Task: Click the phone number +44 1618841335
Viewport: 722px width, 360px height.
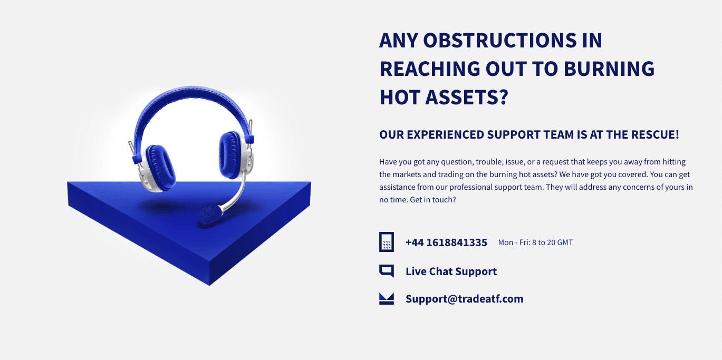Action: pyautogui.click(x=446, y=242)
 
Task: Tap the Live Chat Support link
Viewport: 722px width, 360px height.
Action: pyautogui.click(x=451, y=271)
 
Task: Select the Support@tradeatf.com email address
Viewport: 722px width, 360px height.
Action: pyautogui.click(x=465, y=299)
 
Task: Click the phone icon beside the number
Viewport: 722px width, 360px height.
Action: pyautogui.click(x=387, y=242)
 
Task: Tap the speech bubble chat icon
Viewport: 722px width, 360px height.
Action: pyautogui.click(x=387, y=271)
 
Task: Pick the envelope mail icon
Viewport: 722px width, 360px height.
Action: pyautogui.click(x=387, y=299)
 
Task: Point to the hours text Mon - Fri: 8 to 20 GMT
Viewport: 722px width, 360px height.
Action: pyautogui.click(x=535, y=242)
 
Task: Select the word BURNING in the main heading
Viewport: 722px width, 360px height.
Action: pyautogui.click(x=609, y=69)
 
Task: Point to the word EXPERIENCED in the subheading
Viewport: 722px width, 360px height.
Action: pyautogui.click(x=446, y=134)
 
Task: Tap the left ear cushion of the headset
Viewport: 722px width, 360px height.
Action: pyautogui.click(x=160, y=168)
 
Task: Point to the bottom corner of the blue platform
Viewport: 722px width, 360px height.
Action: pyautogui.click(x=209, y=285)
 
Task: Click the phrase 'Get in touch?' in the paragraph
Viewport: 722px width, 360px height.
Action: pyautogui.click(x=433, y=200)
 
